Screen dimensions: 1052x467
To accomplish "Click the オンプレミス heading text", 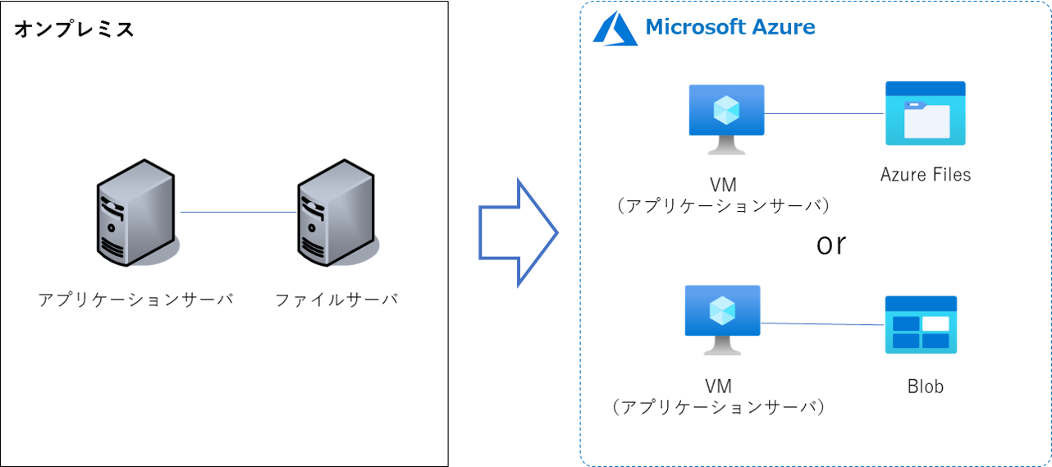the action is [x=74, y=29].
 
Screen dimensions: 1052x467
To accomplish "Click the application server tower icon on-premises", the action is [x=138, y=213].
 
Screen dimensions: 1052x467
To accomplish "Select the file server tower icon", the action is [x=337, y=213].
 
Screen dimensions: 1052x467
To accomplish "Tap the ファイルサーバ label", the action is [x=336, y=300].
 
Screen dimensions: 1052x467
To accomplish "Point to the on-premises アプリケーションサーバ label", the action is [x=135, y=300].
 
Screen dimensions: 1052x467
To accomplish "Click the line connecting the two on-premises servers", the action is [x=239, y=213].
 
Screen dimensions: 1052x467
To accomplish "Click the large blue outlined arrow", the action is [x=518, y=232].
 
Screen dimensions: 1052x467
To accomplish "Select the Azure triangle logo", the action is [x=615, y=29].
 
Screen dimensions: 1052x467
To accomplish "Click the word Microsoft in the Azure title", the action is [x=696, y=27].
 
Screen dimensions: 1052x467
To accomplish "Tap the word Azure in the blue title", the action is [x=784, y=27].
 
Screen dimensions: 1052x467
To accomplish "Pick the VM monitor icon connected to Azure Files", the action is [x=726, y=119].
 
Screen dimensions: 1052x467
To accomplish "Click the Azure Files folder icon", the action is [x=925, y=113].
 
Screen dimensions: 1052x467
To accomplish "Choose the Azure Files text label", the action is [x=925, y=175].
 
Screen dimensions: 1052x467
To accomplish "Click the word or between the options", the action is [x=830, y=245].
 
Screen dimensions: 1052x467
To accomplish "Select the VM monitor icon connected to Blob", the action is [x=722, y=320].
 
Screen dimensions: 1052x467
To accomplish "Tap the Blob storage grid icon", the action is [x=921, y=325].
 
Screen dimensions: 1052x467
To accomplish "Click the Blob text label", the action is [x=925, y=387].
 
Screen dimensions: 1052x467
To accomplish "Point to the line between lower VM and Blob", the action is [x=822, y=323].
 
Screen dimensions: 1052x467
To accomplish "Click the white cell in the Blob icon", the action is [x=935, y=323].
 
